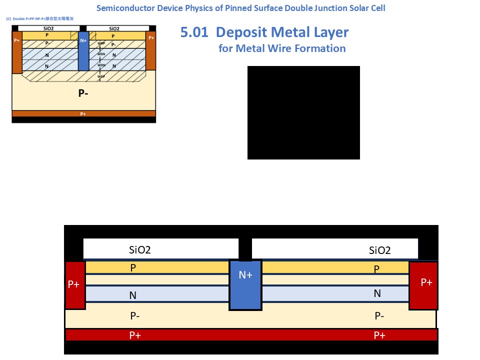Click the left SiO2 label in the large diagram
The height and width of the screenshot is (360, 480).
(x=140, y=250)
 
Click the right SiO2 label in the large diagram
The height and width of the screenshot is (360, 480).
(x=379, y=250)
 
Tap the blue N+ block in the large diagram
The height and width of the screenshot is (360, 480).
(x=245, y=285)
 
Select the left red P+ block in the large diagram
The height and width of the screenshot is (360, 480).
(x=74, y=285)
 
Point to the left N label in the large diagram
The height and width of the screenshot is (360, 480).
(x=133, y=295)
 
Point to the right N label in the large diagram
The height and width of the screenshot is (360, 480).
(x=377, y=293)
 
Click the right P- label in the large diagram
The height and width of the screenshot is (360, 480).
(x=379, y=315)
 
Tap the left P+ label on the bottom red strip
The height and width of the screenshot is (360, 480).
(x=135, y=335)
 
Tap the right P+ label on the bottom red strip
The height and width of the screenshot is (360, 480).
(x=379, y=335)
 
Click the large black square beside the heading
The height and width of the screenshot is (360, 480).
(x=303, y=112)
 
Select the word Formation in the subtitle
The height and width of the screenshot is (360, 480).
(x=320, y=48)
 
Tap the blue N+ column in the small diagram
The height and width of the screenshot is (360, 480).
(x=83, y=50)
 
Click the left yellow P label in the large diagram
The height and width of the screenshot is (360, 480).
(x=133, y=267)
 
